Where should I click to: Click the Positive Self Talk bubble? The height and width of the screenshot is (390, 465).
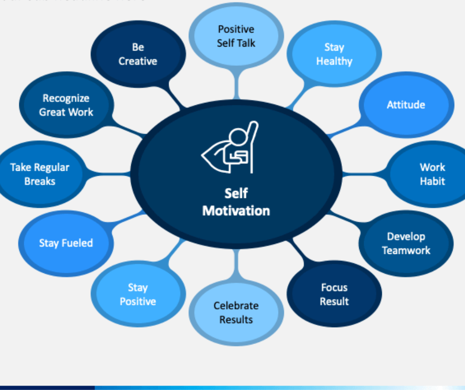pos(236,36)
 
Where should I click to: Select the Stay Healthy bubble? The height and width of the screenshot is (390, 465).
pos(334,54)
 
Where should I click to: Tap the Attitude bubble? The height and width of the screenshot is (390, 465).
pos(406,105)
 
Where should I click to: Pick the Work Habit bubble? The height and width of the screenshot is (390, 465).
pos(432,174)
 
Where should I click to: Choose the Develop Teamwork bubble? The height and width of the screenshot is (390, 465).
pos(406,244)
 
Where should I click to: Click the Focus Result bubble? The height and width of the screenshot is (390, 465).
pos(334,294)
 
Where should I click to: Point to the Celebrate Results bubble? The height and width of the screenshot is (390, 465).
pos(236,312)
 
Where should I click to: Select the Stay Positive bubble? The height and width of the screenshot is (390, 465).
pos(138,294)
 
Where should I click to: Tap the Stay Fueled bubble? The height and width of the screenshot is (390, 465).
pos(66,243)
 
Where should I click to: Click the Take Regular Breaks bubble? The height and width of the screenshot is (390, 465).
pos(40,174)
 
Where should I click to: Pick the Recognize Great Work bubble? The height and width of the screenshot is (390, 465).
pos(66,105)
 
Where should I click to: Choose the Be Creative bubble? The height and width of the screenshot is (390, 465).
pos(138,54)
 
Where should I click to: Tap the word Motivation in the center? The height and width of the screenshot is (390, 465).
pos(236,210)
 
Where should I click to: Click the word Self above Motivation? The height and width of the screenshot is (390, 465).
pos(236,194)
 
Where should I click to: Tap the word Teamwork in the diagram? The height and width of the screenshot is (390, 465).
pos(406,250)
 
